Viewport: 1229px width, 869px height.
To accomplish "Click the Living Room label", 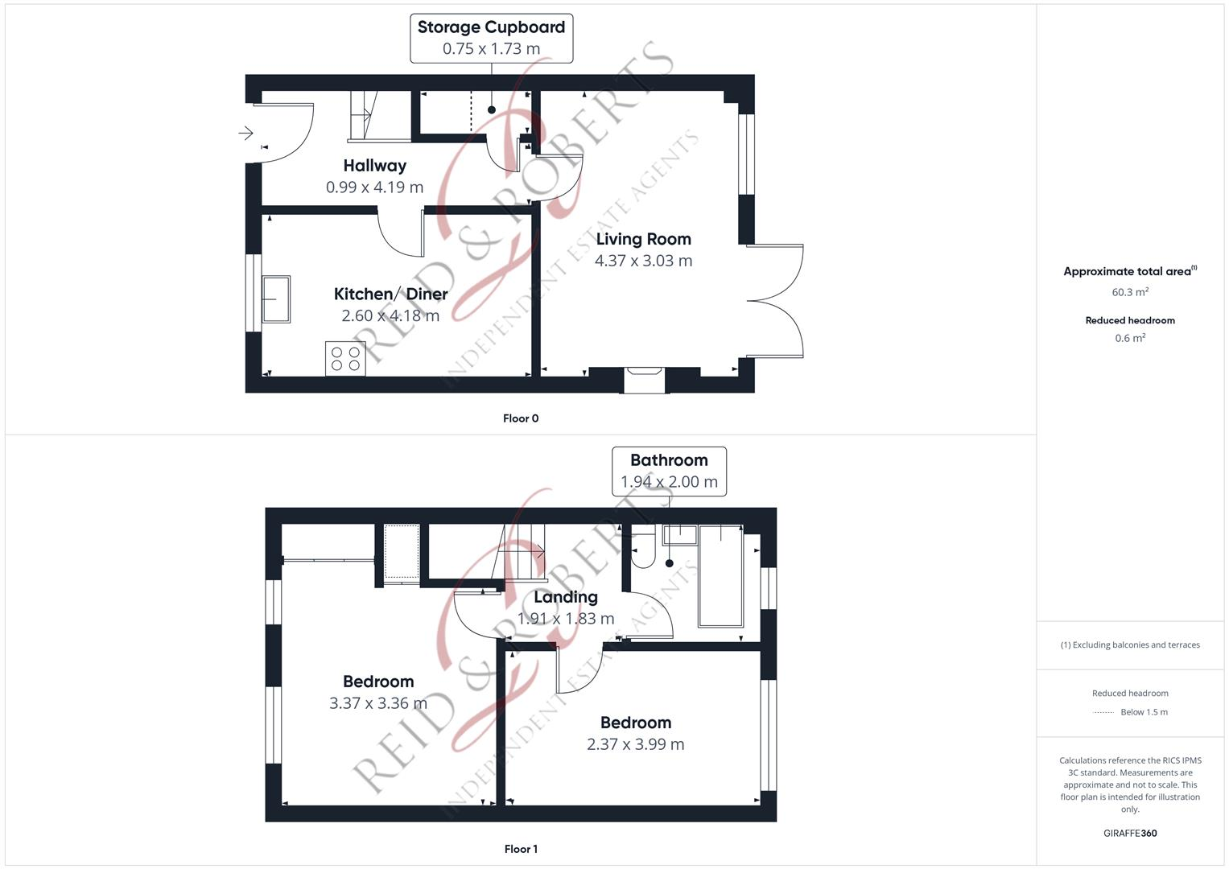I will click(x=643, y=239).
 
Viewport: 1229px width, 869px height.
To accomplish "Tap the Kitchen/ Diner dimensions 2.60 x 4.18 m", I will click(x=390, y=315).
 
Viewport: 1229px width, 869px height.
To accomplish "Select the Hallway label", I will click(x=374, y=166).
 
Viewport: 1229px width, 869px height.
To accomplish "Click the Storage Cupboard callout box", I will click(x=491, y=38).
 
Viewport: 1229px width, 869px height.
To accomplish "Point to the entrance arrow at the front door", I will click(x=245, y=133).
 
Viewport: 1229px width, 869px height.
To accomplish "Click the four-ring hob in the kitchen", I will click(x=345, y=358).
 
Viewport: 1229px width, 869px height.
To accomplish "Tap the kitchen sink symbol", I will click(x=275, y=299).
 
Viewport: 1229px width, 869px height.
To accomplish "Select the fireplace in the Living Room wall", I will click(x=645, y=380).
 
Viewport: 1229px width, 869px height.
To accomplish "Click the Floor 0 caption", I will click(x=521, y=418).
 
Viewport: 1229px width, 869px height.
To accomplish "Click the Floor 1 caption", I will click(x=521, y=849).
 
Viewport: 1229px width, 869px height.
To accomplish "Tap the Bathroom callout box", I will click(x=669, y=472).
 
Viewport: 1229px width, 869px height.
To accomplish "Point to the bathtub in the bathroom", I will click(x=720, y=575).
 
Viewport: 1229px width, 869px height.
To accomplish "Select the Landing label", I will click(x=565, y=597).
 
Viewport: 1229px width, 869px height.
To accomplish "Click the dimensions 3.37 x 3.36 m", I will click(x=377, y=703).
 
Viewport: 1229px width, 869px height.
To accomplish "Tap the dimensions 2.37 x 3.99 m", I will click(x=635, y=744).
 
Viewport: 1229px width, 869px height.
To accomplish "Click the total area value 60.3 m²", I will click(x=1130, y=292).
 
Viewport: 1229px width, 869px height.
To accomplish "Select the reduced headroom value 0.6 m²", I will click(x=1130, y=338).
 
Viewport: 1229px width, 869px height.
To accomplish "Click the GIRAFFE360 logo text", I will click(x=1130, y=834).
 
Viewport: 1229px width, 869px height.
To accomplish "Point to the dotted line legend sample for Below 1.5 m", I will click(x=1103, y=712).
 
